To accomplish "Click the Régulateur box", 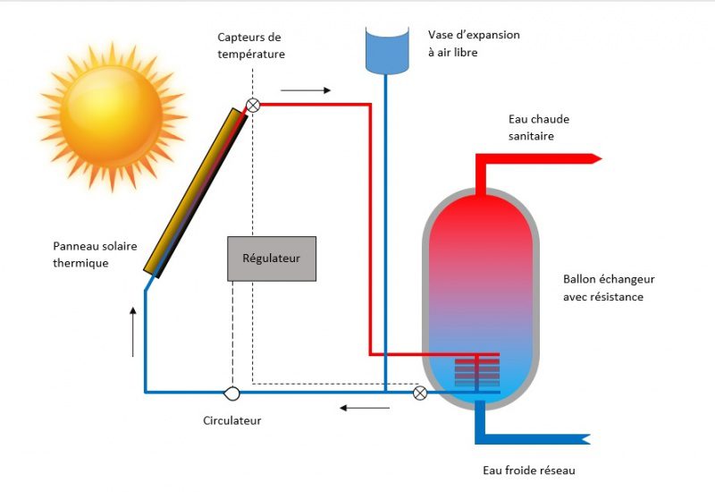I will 272,259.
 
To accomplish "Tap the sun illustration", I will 111,115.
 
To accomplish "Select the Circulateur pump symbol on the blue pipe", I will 232,392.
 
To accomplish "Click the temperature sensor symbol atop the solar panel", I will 253,105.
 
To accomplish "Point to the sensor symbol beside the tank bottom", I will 420,392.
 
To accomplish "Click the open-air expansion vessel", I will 385,50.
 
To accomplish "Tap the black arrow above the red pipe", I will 305,90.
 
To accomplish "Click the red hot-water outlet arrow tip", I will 595,158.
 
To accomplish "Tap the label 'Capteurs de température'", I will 251,45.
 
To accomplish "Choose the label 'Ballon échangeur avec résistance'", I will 603,288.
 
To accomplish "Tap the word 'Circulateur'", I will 232,420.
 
